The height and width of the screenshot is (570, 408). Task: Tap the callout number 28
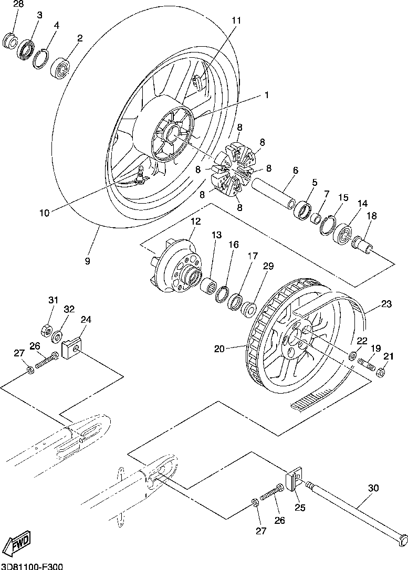18,4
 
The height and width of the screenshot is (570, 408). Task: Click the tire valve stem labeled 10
140,174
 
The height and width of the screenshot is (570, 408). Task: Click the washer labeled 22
352,355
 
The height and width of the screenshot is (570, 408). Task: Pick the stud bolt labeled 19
367,364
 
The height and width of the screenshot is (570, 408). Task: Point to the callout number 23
386,303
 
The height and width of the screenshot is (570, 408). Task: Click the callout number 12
195,221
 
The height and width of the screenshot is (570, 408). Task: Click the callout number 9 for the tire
87,261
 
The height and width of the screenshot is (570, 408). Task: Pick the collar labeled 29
249,309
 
